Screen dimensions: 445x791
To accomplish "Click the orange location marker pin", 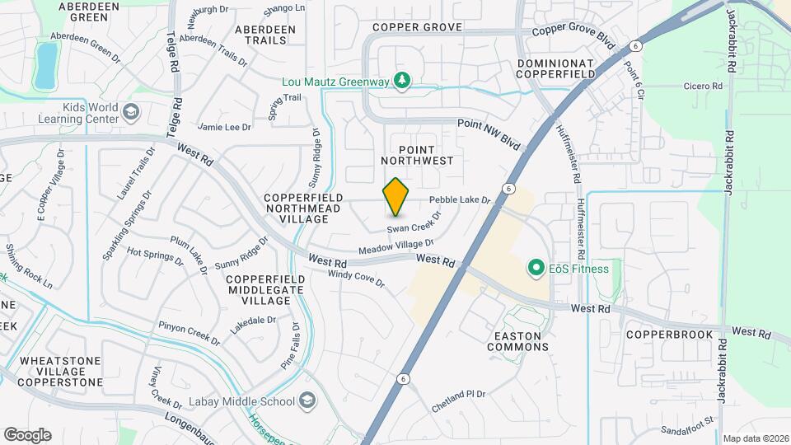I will (x=395, y=197).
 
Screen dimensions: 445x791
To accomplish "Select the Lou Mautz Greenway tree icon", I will (x=401, y=81).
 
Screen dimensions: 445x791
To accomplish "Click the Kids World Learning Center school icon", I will (x=130, y=112).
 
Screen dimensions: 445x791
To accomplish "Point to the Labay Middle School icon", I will (x=307, y=401).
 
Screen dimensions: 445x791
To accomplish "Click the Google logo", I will (x=27, y=435).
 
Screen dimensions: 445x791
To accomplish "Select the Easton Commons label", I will (x=517, y=341).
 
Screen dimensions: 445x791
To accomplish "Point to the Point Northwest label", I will (x=417, y=154).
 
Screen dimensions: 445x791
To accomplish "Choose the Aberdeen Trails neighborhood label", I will (x=264, y=35).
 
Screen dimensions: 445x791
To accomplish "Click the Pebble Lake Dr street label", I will (x=459, y=200).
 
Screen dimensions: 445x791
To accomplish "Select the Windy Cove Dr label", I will (x=356, y=279).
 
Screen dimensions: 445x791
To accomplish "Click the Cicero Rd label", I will (x=704, y=85).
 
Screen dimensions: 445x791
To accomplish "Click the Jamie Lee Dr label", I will (x=224, y=127).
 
